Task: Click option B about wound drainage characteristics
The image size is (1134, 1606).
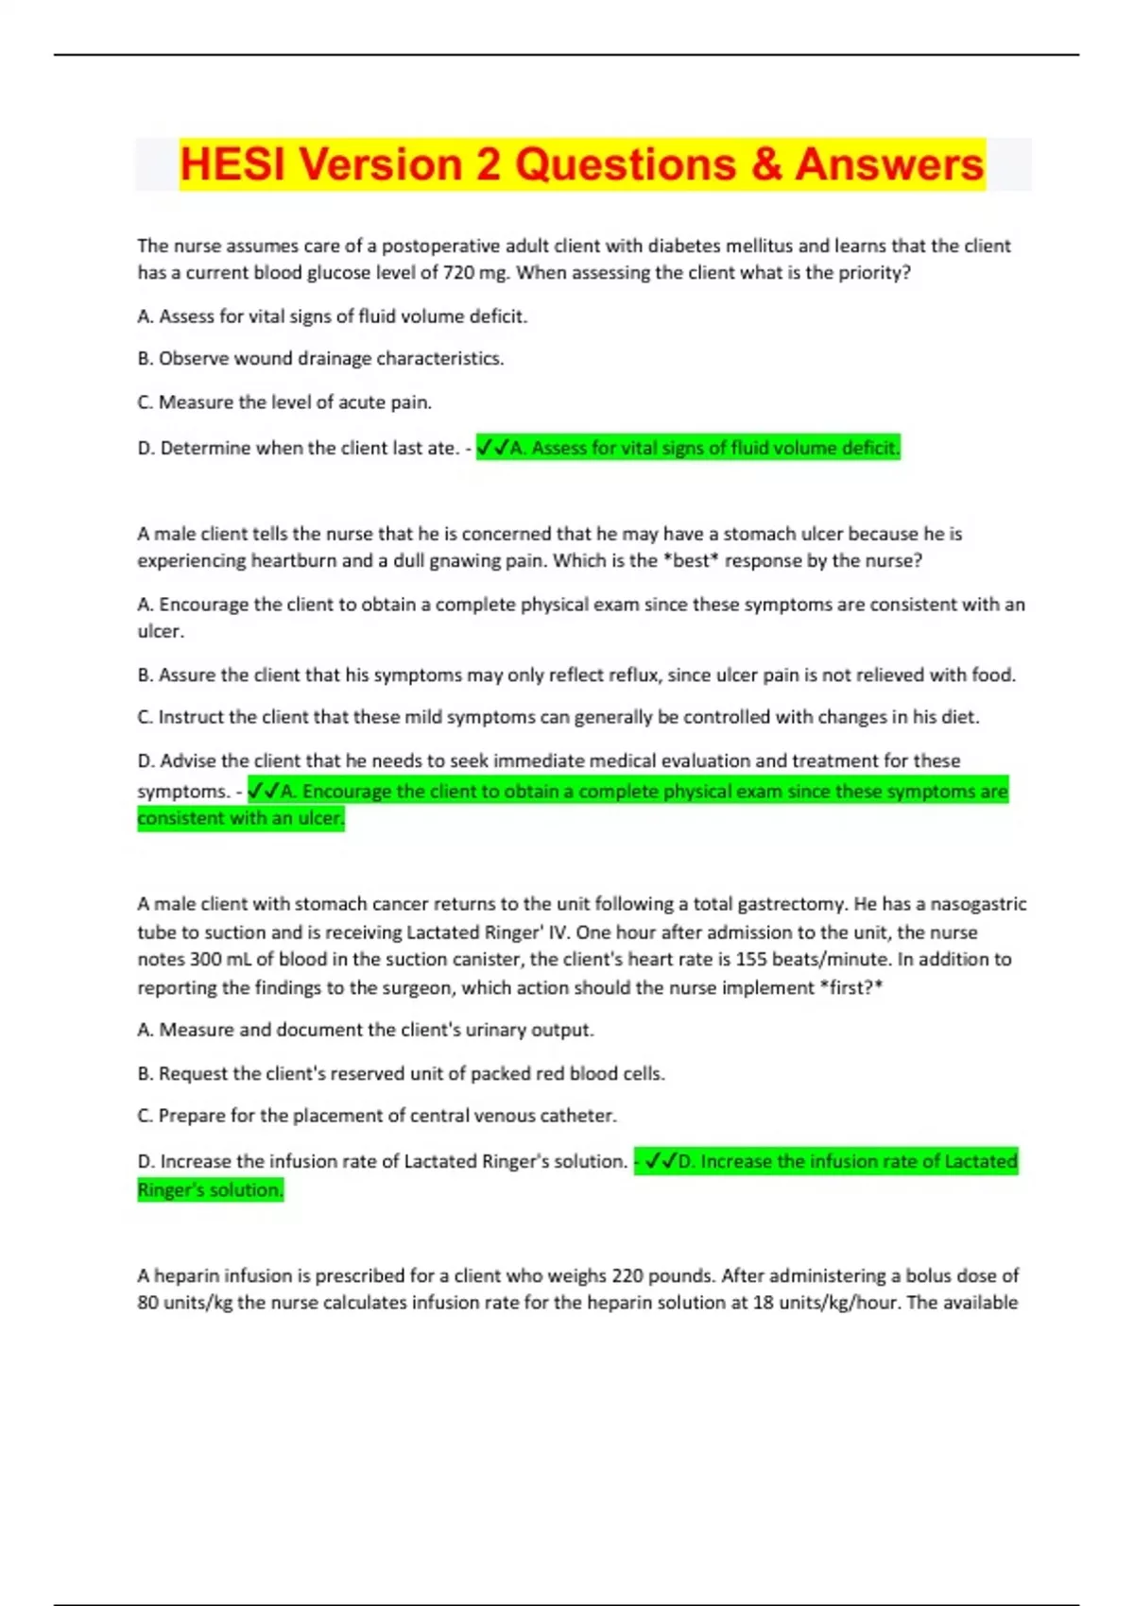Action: pyautogui.click(x=320, y=359)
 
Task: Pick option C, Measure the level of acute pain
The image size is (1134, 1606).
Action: pyautogui.click(x=284, y=402)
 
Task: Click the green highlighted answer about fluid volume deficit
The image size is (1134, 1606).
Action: pyautogui.click(x=688, y=448)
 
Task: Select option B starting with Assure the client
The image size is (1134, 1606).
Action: pyautogui.click(x=576, y=675)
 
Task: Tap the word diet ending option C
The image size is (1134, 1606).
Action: pyautogui.click(x=958, y=717)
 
